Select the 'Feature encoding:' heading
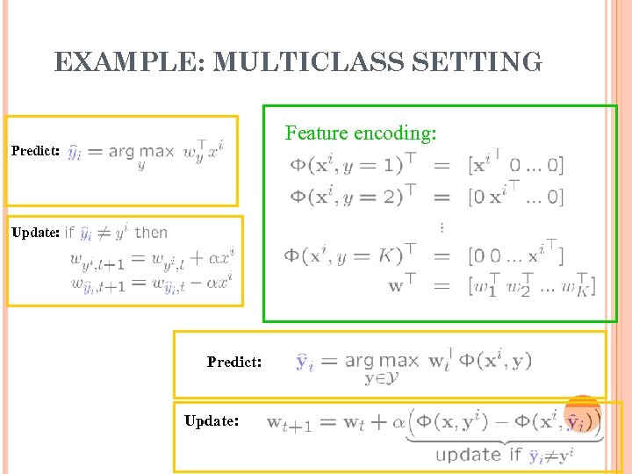click(x=361, y=133)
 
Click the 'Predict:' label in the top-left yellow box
click(x=35, y=151)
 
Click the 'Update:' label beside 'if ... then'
click(x=35, y=233)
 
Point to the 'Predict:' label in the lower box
click(x=234, y=362)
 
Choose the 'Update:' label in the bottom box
click(x=212, y=421)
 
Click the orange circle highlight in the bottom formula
click(x=581, y=415)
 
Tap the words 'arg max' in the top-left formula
click(x=141, y=151)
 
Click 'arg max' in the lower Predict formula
click(x=381, y=361)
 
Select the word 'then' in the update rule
click(x=151, y=233)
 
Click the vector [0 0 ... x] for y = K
click(x=516, y=256)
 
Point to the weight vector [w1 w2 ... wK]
click(x=532, y=285)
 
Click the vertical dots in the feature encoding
click(x=441, y=226)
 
